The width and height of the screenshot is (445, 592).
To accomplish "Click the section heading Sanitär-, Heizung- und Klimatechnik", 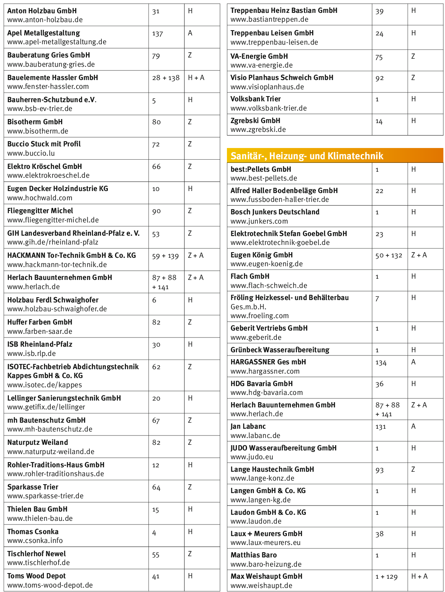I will (x=307, y=156).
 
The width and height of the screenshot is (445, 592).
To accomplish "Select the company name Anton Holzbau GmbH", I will (x=42, y=11).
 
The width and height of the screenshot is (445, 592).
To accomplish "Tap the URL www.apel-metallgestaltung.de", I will (x=57, y=42).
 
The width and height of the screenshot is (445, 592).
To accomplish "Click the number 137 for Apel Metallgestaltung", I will (x=157, y=34).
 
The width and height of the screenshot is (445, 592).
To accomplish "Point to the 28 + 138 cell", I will (x=166, y=78).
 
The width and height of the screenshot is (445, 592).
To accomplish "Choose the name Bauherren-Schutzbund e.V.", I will (x=52, y=100).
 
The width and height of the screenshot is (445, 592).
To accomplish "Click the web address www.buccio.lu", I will (x=31, y=153).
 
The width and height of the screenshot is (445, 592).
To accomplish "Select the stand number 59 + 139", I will (x=165, y=256).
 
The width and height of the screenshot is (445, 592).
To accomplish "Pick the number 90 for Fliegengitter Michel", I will (x=157, y=212).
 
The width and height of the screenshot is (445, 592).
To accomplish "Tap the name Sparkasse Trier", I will (x=33, y=487).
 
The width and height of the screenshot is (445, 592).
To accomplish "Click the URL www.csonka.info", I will (x=35, y=541).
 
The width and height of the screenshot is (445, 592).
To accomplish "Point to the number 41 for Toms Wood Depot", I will (x=156, y=577).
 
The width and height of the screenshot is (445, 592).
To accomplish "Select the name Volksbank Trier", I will (x=255, y=99).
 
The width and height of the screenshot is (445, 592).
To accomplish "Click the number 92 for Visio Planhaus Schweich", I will (x=379, y=78).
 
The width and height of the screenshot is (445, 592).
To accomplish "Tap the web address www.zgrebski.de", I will (x=258, y=129).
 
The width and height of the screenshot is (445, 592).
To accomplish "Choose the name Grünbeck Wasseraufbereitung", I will (x=280, y=350).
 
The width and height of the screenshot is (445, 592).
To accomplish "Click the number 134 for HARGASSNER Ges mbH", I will (x=381, y=363).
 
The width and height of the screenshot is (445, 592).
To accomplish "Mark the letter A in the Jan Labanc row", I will (x=413, y=426).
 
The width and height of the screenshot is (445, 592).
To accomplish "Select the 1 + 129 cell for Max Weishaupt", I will (x=386, y=577).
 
